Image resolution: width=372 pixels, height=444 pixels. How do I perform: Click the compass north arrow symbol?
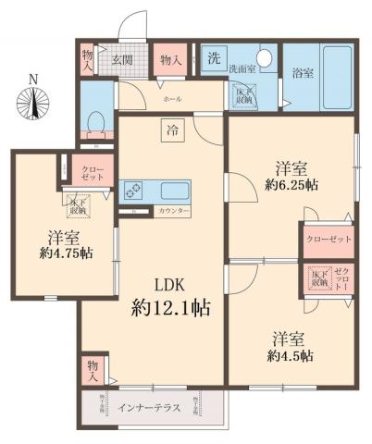tap(33, 100)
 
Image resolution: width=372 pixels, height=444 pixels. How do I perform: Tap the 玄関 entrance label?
tap(122, 59)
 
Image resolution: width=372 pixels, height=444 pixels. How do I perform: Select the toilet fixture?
tap(95, 122)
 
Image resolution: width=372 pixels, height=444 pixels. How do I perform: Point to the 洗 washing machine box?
tap(214, 56)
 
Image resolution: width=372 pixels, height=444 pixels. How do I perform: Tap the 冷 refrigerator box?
tap(173, 130)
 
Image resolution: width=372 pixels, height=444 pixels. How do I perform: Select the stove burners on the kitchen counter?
tap(132, 191)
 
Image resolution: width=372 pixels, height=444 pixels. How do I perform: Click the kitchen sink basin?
tap(174, 191)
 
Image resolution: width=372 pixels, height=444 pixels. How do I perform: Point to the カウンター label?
tap(174, 212)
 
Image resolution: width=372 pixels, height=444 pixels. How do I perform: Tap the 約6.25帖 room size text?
tap(291, 185)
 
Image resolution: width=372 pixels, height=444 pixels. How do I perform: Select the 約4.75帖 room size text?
tap(67, 253)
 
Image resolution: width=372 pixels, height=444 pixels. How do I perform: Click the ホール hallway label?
tap(172, 97)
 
